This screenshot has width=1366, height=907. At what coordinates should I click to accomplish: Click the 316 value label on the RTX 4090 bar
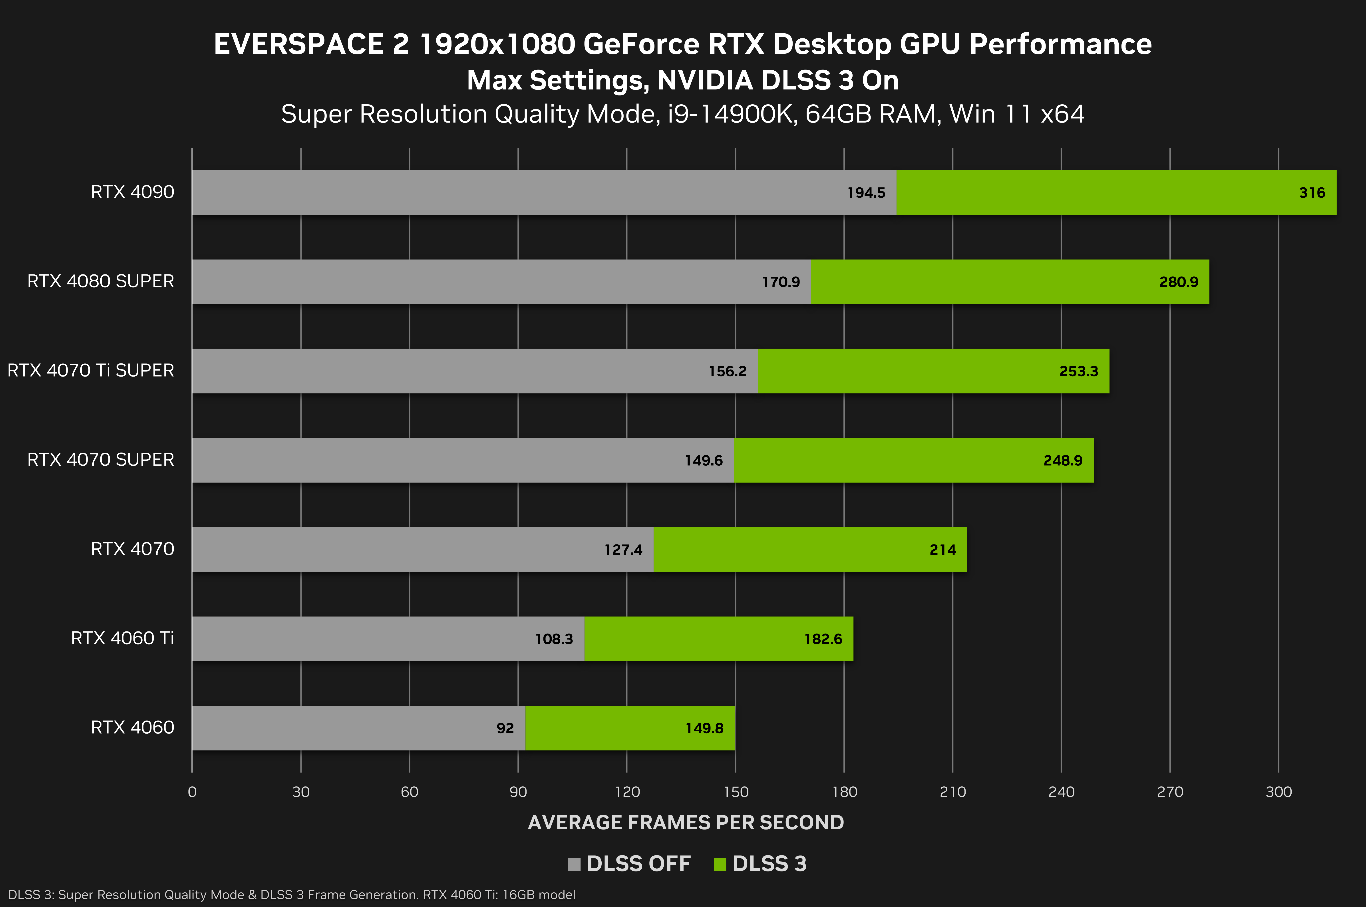tap(1312, 193)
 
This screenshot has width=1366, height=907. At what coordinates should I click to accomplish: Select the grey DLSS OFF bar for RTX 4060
tap(359, 728)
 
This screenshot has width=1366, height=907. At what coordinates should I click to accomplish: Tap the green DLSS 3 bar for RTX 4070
tap(810, 550)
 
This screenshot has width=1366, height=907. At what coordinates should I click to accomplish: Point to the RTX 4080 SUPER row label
tap(101, 281)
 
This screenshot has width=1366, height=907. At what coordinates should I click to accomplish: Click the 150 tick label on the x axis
tap(735, 792)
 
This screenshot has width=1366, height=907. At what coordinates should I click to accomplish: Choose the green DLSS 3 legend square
tap(720, 864)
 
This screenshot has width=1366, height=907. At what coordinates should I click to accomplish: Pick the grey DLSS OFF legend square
tap(574, 864)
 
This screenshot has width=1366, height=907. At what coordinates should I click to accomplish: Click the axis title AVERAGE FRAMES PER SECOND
tap(686, 822)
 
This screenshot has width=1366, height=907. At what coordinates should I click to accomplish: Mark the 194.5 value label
tap(866, 193)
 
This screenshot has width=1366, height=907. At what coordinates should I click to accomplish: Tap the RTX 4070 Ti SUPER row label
tap(91, 370)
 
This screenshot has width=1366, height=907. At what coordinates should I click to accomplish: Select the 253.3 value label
tap(1078, 371)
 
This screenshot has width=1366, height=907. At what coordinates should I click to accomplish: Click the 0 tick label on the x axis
tap(192, 792)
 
